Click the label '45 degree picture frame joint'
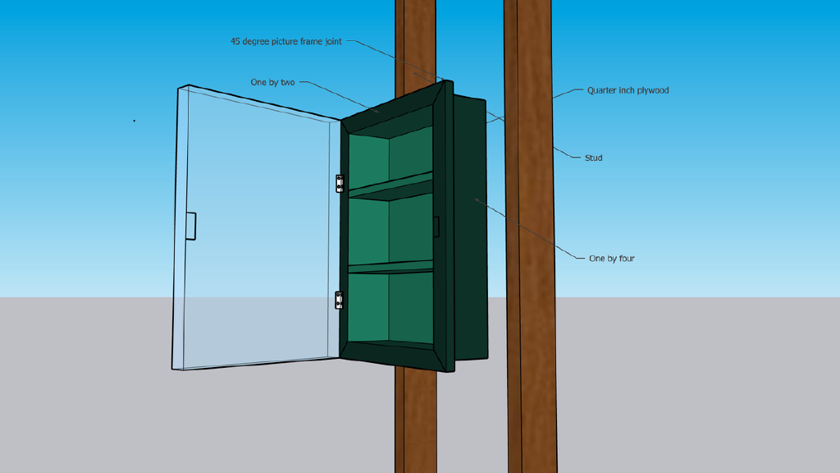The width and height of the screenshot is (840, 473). [286, 41]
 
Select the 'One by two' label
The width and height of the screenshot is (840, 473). [272, 82]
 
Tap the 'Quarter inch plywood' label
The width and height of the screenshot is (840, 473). [628, 90]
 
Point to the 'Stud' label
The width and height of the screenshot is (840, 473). [593, 158]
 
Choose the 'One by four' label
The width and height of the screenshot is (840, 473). [611, 259]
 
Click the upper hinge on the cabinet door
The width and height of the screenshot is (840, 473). [340, 183]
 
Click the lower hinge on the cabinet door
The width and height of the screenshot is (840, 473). [340, 300]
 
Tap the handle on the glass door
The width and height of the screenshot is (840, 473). [190, 227]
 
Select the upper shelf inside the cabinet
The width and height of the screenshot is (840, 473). [390, 187]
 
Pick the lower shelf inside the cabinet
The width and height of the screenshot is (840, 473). [390, 267]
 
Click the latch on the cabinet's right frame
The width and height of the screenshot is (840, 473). [436, 227]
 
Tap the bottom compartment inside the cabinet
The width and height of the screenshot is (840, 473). [390, 308]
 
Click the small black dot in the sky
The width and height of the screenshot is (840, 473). [135, 121]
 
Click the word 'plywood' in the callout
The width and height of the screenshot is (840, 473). [652, 90]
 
